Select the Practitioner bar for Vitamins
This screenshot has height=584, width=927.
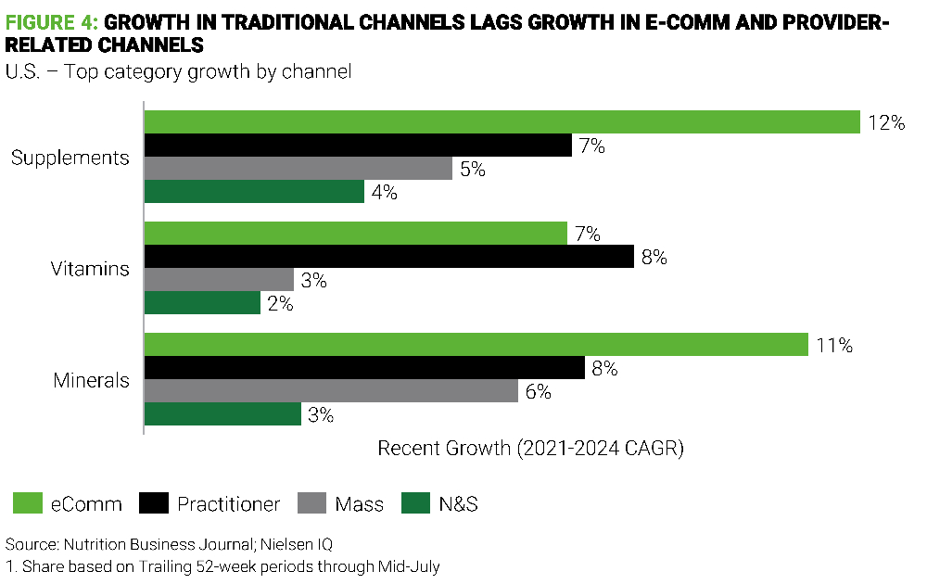pyautogui.click(x=389, y=257)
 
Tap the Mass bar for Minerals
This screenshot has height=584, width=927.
pyautogui.click(x=331, y=391)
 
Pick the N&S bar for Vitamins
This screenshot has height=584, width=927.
pyautogui.click(x=202, y=303)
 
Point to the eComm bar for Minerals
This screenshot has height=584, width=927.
pyautogui.click(x=476, y=345)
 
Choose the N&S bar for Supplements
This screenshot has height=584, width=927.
pyautogui.click(x=254, y=192)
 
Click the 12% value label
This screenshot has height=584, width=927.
pyautogui.click(x=885, y=122)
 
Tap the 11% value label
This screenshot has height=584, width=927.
pyautogui.click(x=834, y=345)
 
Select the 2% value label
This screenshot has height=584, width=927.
pyautogui.click(x=279, y=303)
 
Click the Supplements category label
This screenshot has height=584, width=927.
pyautogui.click(x=70, y=158)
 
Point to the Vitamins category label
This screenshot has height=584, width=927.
pyautogui.click(x=89, y=269)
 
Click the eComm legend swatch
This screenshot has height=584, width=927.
pyautogui.click(x=31, y=504)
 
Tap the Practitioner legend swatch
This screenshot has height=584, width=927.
pyautogui.click(x=155, y=504)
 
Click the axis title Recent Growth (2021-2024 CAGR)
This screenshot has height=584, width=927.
pyautogui.click(x=530, y=449)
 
